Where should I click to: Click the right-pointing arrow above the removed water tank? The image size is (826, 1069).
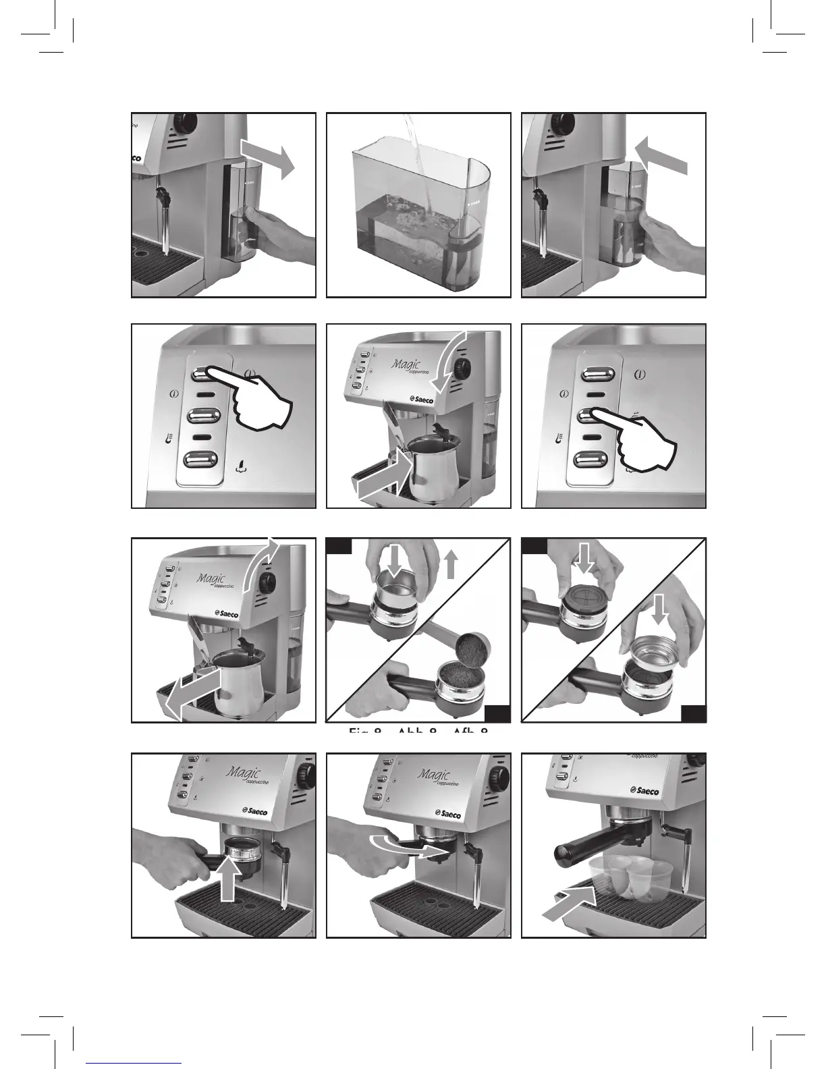click(x=269, y=157)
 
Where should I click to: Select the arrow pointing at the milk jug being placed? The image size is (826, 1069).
click(x=381, y=478)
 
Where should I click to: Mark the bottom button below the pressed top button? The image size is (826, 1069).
click(x=199, y=460)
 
